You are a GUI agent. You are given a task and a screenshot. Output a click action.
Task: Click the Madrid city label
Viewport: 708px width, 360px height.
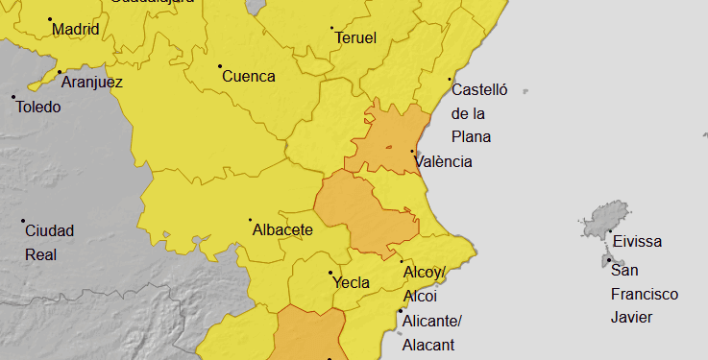[x=76, y=30]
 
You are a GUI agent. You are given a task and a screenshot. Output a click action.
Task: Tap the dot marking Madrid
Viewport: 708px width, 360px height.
[x=50, y=18]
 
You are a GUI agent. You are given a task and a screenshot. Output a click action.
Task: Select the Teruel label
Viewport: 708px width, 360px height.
[x=355, y=38]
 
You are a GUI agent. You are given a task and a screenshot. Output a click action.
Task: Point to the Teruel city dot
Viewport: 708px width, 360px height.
[x=331, y=28]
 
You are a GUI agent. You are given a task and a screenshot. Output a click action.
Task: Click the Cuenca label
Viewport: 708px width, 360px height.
[x=249, y=77]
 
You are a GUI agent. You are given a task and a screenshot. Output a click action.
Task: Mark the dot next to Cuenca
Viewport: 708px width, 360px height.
[x=220, y=66]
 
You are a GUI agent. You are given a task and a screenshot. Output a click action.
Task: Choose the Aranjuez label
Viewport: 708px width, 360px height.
[x=91, y=83]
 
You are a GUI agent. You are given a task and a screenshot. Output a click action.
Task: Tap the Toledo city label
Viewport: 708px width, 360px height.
[x=38, y=107]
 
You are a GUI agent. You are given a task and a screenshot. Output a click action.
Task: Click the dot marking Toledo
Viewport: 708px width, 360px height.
[x=13, y=96]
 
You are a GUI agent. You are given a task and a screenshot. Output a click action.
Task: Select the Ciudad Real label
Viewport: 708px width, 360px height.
[x=49, y=243]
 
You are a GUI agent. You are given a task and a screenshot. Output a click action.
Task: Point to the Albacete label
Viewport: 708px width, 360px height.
[x=282, y=230]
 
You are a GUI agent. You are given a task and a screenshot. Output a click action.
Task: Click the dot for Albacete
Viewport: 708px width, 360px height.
[x=250, y=220]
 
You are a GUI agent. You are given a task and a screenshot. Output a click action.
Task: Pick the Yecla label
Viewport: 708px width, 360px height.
[x=351, y=283]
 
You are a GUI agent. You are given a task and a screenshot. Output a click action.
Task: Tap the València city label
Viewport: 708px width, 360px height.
[x=444, y=162]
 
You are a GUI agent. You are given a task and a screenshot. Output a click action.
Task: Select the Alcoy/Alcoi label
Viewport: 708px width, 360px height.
[x=425, y=284]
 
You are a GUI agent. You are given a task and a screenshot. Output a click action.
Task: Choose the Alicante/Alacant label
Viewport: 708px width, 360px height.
[x=432, y=332]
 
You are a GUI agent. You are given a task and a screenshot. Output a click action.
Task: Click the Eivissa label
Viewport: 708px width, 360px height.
[x=637, y=242]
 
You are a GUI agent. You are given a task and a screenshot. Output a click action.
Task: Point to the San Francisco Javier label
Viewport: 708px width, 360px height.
[x=644, y=294]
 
